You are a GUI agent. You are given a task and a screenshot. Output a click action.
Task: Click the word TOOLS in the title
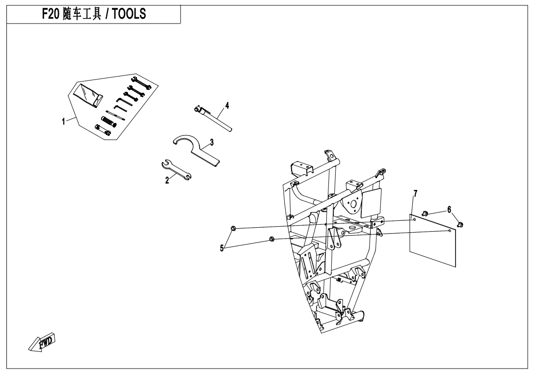coord(129,14)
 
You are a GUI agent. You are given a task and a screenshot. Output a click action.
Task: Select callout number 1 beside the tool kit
coord(63,122)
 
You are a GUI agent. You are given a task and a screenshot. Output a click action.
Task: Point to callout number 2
coord(167,180)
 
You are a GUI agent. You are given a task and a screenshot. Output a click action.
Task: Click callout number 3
coord(212,142)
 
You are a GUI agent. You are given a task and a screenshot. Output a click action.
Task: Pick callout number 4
coord(227,105)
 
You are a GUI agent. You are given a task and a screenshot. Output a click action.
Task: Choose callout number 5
coord(222,248)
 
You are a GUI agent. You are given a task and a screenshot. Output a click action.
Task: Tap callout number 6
coord(450,210)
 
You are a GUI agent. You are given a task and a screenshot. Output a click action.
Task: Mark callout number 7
coord(415,194)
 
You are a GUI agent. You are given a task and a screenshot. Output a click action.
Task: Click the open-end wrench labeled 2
coord(176,169)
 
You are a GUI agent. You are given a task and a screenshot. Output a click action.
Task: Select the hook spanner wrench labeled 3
coord(196,150)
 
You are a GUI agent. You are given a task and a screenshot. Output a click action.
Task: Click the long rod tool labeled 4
coord(213,118)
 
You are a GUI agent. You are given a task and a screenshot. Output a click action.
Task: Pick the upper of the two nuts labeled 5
coord(233,228)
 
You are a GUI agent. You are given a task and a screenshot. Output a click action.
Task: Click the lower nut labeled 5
coord(272,239)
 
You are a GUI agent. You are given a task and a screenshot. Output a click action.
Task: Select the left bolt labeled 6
coord(425,213)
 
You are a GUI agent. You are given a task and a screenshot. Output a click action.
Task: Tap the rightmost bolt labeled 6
coord(460,224)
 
